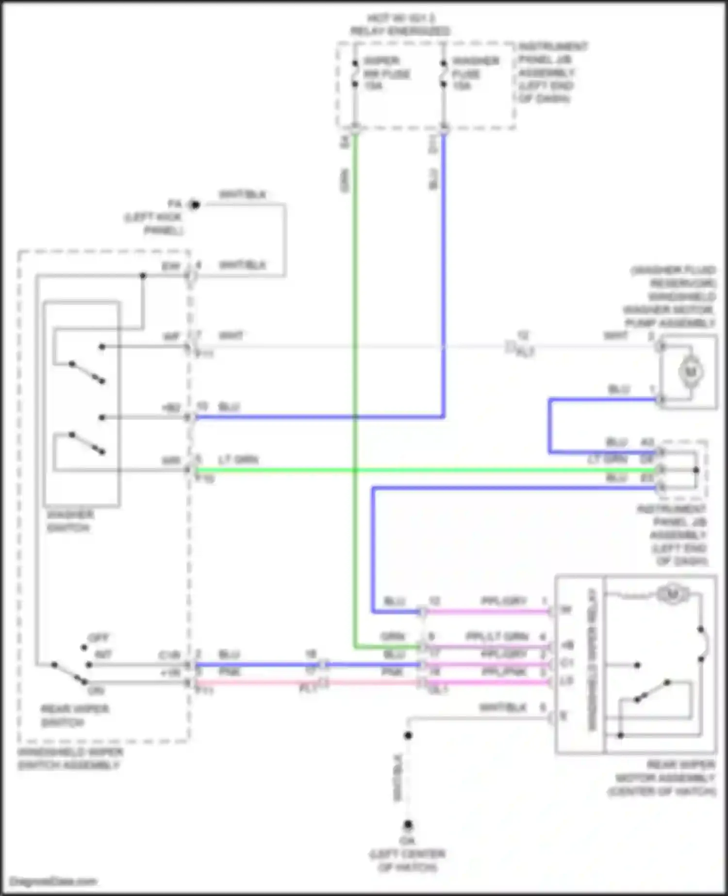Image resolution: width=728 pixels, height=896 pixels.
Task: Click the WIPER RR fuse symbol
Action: [355, 74]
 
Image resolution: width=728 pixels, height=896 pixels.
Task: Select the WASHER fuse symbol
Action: [443, 74]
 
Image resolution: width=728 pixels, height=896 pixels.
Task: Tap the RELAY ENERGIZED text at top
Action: [400, 31]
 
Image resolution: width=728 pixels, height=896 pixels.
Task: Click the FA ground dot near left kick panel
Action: [195, 205]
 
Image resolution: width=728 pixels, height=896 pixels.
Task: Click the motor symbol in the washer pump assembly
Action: [690, 372]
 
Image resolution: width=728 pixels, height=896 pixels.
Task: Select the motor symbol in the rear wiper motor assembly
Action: [672, 594]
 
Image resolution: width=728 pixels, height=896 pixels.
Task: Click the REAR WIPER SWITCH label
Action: [74, 715]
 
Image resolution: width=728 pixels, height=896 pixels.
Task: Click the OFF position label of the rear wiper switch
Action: [98, 638]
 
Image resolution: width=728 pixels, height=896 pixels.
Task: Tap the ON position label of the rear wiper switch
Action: [96, 690]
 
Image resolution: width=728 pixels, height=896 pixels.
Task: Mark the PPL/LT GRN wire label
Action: [497, 636]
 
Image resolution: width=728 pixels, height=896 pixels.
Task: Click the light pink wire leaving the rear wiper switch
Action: [257, 682]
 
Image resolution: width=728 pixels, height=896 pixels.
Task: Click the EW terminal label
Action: [171, 266]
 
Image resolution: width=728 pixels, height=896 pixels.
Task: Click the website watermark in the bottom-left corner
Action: [53, 881]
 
